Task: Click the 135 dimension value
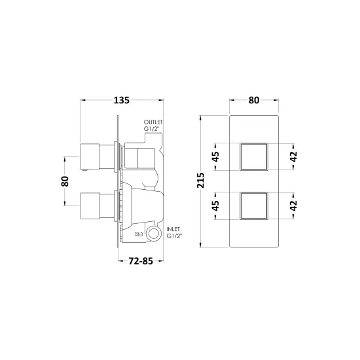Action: pos(122,100)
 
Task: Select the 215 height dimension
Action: pos(200,181)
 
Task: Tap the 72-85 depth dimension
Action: pos(141,261)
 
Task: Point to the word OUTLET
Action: pos(153,122)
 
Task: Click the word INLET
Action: pos(173,229)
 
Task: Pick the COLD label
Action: pos(139,234)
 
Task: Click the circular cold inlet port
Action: pos(153,234)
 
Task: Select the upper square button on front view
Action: pos(254,157)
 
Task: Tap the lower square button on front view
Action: pos(254,206)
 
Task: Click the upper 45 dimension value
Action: pos(215,157)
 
